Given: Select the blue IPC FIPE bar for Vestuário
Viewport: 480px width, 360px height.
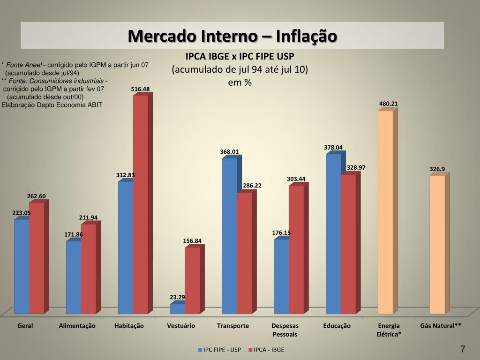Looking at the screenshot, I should pos(177,309).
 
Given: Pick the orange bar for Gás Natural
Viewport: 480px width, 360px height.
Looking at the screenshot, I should pos(437,244).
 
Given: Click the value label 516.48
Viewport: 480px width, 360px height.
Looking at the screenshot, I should pos(140,89).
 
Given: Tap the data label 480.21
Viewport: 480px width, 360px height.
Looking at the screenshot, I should pos(389,104).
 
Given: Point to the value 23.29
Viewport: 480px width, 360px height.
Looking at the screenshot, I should pos(177,297).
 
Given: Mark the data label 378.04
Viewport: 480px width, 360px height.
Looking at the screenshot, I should pos(333,147).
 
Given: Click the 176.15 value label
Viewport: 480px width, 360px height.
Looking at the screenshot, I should pos(281,232).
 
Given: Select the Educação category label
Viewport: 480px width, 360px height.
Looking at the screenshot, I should pos(337,326).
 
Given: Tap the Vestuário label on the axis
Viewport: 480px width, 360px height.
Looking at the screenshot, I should pos(181,326).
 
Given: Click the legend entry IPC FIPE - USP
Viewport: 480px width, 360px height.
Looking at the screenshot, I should pos(222,350).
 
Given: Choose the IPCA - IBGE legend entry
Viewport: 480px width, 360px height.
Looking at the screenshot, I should pos(269,350).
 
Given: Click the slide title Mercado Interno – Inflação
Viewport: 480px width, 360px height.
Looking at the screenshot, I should pos(232,36).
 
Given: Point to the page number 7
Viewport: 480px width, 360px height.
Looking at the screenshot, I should pos(463,349).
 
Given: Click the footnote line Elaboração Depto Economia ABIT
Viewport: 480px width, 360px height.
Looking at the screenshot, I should pos(52,105).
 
